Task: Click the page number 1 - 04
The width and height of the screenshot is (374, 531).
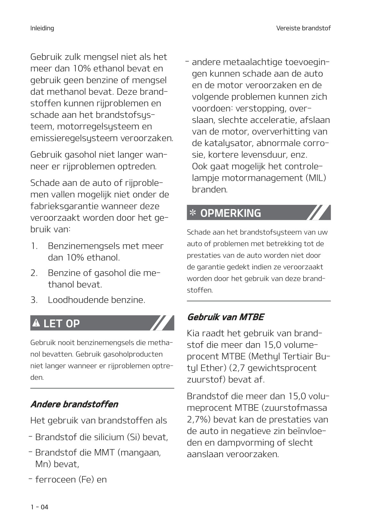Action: pos(39,507)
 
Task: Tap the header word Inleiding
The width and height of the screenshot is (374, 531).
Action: pos(42,28)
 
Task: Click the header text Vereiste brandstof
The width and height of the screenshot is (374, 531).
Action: pos(303,28)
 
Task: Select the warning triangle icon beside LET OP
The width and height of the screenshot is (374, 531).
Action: pos(37,323)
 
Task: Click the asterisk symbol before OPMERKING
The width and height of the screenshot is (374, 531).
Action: pos(192,213)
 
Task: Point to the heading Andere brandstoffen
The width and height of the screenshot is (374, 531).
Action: pos(74,404)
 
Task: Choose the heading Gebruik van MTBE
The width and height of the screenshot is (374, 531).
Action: pos(225,317)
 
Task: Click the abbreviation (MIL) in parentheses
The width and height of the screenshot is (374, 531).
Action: pos(316,178)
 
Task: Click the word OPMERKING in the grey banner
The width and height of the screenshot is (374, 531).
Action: pos(231,213)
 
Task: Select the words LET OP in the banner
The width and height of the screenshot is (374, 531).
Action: pos(61,323)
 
